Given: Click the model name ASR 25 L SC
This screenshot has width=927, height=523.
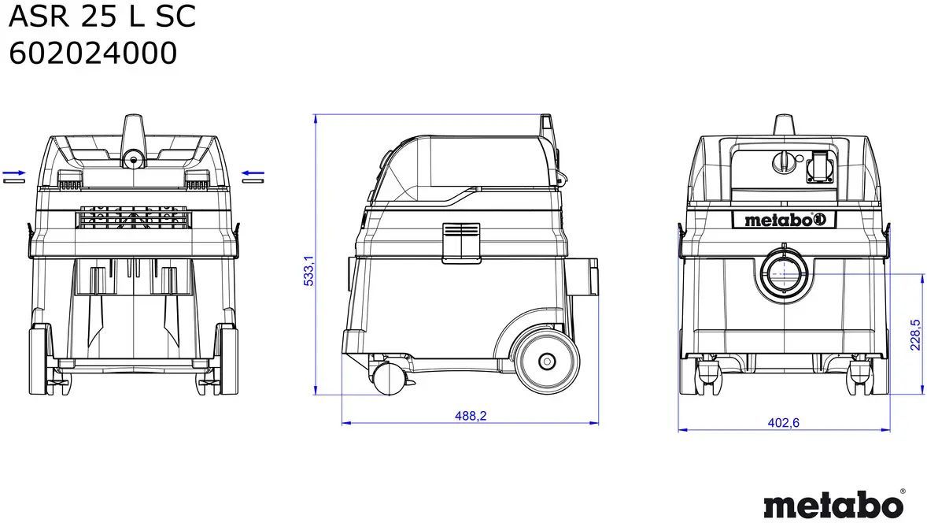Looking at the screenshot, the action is [x=102, y=16].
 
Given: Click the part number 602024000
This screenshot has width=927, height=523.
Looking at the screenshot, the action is [x=93, y=54].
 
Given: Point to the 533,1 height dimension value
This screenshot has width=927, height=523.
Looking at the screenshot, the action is [x=308, y=271].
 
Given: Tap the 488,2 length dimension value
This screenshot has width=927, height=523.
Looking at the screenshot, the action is [x=471, y=416].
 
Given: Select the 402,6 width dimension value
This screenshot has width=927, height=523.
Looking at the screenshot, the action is [x=783, y=422].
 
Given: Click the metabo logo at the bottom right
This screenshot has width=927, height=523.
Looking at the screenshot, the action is [x=833, y=505].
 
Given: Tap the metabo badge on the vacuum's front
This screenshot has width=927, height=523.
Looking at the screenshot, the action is [x=784, y=220].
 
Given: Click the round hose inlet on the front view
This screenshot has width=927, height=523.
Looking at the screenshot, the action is [x=784, y=274].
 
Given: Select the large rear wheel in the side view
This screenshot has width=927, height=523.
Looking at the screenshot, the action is [x=548, y=362].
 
